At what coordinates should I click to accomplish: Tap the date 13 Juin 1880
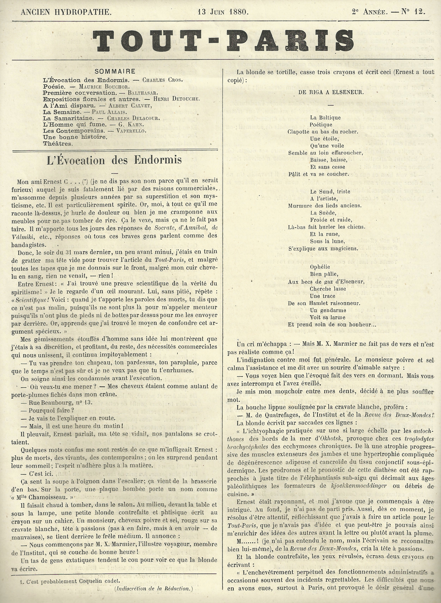coord(223,12)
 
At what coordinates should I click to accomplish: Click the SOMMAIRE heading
coord(115,71)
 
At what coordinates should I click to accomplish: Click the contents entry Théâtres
coord(58,144)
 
